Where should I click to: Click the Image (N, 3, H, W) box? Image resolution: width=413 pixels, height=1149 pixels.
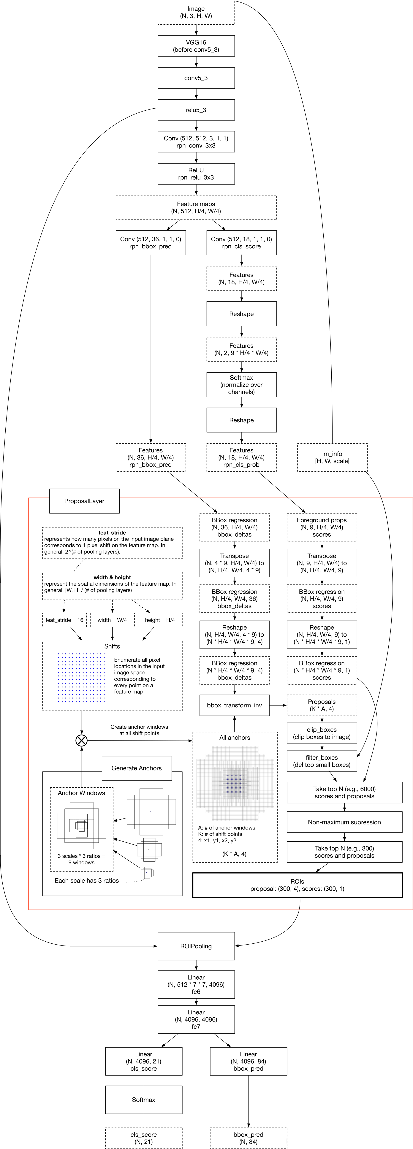click(x=196, y=12)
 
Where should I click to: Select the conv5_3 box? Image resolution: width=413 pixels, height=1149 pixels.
click(x=196, y=78)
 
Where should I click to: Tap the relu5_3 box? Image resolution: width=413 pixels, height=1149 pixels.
click(x=196, y=110)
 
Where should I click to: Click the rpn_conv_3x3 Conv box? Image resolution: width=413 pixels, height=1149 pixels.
click(x=196, y=142)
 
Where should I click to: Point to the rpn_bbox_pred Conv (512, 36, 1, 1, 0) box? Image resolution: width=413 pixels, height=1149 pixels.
click(x=151, y=243)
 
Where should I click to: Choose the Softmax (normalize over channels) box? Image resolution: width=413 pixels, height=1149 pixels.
click(x=241, y=384)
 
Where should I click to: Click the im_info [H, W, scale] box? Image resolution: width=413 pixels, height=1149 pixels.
click(x=332, y=457)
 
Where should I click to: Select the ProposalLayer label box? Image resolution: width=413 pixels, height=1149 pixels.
click(x=84, y=501)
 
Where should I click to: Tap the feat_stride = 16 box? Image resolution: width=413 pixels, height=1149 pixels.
click(x=64, y=620)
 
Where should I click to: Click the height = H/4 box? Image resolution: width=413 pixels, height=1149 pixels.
click(x=160, y=620)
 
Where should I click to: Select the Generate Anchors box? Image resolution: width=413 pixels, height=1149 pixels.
click(x=137, y=768)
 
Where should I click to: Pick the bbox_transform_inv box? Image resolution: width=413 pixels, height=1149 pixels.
click(x=234, y=705)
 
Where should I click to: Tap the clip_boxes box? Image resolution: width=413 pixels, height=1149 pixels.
click(x=322, y=733)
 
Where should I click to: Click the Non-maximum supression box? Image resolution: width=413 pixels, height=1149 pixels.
click(x=344, y=822)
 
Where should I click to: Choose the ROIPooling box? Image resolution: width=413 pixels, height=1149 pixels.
click(x=196, y=946)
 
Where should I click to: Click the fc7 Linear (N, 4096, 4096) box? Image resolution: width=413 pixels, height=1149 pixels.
click(x=196, y=1019)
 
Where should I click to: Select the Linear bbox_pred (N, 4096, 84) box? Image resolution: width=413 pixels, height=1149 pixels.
click(x=248, y=1061)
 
